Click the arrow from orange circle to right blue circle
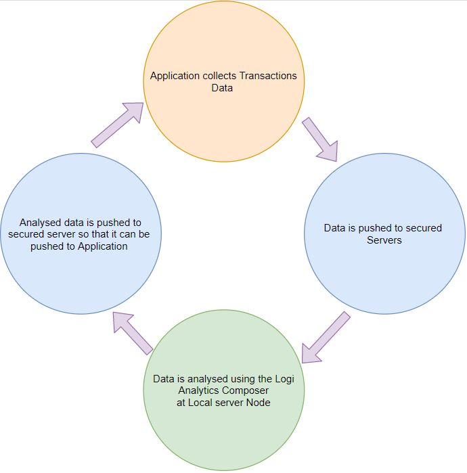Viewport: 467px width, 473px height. [x=319, y=139]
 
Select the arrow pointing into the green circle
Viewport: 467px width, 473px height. [x=326, y=337]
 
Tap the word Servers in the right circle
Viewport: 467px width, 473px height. [x=384, y=240]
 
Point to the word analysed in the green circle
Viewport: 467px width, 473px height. [x=206, y=378]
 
